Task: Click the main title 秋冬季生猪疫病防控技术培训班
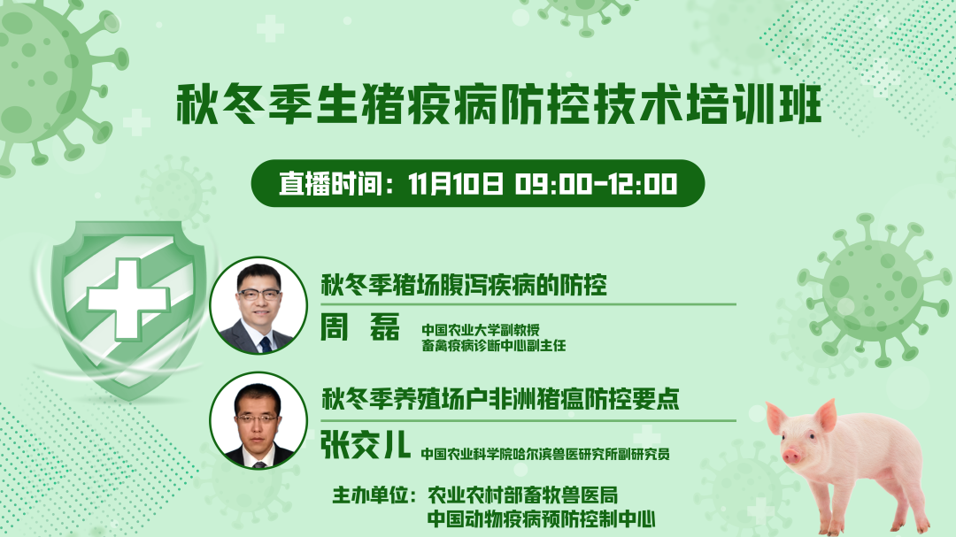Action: coord(498,105)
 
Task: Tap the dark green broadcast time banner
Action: coord(478,183)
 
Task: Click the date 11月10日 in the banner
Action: coord(456,183)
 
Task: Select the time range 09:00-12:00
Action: coord(596,183)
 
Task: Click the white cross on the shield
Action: coord(128,300)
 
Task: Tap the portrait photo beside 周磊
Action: coord(258,305)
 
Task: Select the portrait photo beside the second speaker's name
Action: coord(258,420)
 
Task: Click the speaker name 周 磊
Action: coord(360,327)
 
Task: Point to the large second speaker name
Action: coord(366,444)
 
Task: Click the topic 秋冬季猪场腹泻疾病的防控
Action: coord(464,285)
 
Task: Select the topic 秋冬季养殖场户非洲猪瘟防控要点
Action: coord(500,399)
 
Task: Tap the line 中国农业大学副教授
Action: coord(481,330)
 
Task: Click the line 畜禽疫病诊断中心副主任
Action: coord(494,346)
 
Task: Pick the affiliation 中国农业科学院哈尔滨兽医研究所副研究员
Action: coord(545,454)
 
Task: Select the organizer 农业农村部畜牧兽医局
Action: coord(522,495)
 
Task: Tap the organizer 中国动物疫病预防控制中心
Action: coord(542,518)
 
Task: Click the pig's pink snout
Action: coord(791,455)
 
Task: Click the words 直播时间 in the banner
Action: coord(330,183)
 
